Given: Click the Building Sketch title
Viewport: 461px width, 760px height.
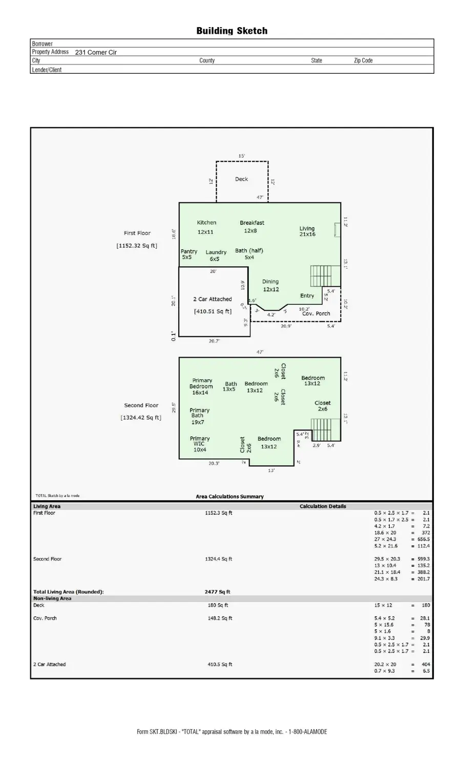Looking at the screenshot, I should click(232, 31).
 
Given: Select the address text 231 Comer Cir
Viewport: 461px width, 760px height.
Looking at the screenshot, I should click(96, 52).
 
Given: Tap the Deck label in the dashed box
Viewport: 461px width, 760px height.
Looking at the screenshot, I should click(241, 179).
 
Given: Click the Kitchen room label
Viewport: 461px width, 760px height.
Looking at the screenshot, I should click(206, 223).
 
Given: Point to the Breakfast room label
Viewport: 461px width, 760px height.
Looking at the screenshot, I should click(252, 223).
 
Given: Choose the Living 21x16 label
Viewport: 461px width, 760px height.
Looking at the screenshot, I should click(307, 232).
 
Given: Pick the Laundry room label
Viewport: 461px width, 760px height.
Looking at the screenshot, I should click(216, 252).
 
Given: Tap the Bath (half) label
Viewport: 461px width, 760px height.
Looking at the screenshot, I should click(249, 251).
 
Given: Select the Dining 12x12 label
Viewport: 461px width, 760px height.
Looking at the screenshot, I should click(270, 285).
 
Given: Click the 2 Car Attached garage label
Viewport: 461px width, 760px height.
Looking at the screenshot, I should click(212, 299).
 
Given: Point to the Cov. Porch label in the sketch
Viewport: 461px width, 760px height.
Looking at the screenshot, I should click(316, 314).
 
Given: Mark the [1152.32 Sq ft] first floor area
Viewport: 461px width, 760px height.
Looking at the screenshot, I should click(137, 246).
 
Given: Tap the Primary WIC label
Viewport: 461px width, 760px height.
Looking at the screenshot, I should click(200, 444).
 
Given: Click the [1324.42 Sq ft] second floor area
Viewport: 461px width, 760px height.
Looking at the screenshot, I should click(141, 418).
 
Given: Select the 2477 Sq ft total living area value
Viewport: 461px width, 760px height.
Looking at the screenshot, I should click(218, 592).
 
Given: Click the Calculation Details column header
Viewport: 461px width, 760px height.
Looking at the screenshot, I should click(323, 506).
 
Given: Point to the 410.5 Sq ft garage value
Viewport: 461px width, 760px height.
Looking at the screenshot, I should click(220, 664).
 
